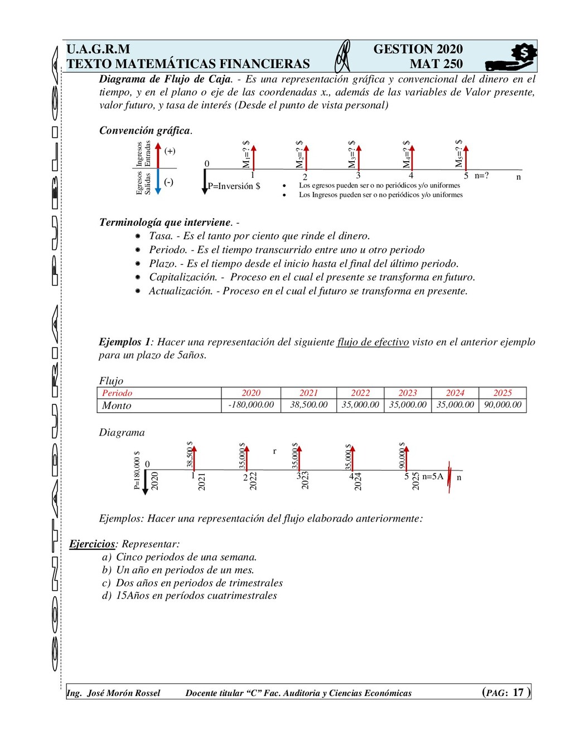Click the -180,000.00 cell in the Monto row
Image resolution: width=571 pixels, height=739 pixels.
pos(251,405)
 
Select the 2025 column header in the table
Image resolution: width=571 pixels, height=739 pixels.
pos(502,393)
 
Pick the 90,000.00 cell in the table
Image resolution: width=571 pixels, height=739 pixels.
pos(502,405)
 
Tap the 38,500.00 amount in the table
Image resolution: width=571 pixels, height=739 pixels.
pos(308,405)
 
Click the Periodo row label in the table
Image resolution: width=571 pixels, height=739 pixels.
pos(117,393)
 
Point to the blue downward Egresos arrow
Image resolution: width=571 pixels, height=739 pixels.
pos(158,181)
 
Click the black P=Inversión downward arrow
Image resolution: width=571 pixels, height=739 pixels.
pos(205,181)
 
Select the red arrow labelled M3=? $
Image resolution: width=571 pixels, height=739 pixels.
pos(359,157)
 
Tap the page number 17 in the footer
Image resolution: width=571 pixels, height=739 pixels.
pos(518,692)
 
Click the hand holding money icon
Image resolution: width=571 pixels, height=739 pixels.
pos(511,57)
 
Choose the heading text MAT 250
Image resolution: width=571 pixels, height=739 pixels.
pos(436,64)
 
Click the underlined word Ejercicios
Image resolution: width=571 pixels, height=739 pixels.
pos(92,544)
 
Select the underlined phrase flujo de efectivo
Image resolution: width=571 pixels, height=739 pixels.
pos(372,342)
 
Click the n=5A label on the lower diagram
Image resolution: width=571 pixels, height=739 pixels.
pos(433,476)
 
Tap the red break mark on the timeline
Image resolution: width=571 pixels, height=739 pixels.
pos(449,477)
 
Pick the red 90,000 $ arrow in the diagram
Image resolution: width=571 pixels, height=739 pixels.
pos(406,457)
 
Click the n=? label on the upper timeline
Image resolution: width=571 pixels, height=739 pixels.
pos(482,176)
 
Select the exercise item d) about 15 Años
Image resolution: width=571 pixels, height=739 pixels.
pos(190,596)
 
